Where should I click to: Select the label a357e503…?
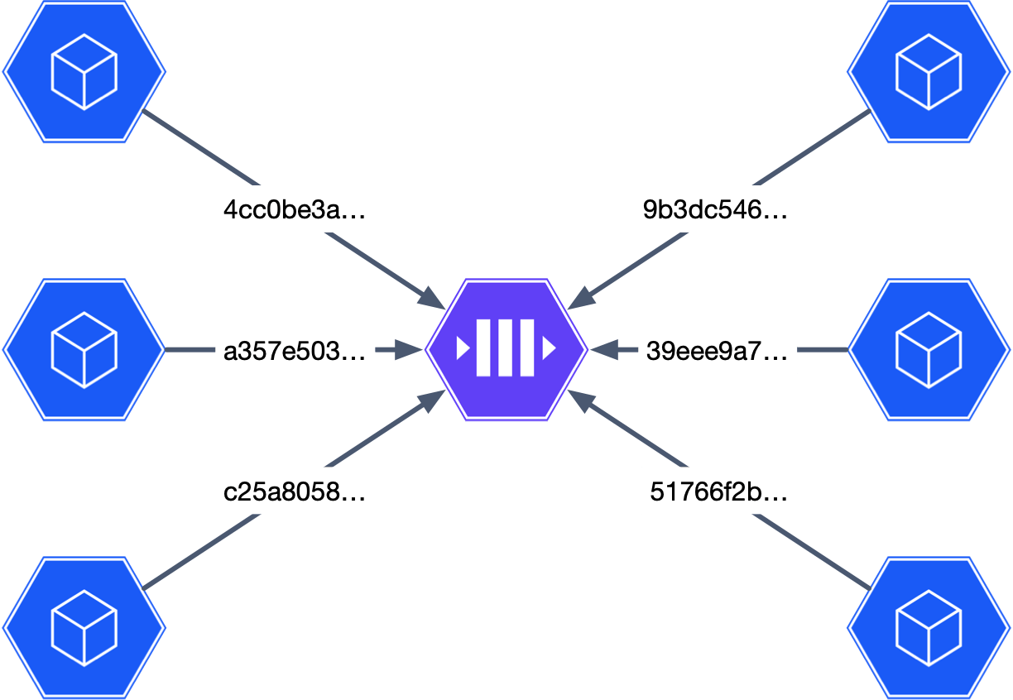coord(295,352)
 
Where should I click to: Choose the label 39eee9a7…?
coord(717,352)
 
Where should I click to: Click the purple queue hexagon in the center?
coord(506,350)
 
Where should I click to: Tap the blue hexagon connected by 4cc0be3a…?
coord(84,72)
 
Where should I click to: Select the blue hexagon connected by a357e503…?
coord(84,350)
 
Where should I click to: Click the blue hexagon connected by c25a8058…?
coord(84,628)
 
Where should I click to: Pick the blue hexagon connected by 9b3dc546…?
coord(929,72)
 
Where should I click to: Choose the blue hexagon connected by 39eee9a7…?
coord(929,350)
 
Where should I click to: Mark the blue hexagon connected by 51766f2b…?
coord(929,628)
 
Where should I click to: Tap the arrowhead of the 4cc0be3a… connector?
coord(433,298)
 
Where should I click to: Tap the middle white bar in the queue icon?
coord(506,350)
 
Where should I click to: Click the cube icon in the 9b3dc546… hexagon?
coord(929,72)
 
